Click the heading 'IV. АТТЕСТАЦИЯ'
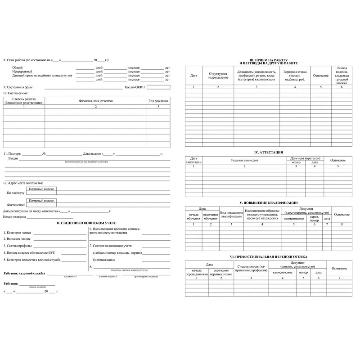pyautogui.click(x=268, y=153)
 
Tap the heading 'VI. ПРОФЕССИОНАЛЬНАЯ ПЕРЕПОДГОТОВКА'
pyautogui.click(x=268, y=256)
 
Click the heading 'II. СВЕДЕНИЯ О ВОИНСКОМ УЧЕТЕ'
pyautogui.click(x=86, y=223)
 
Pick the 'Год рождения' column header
pyautogui.click(x=158, y=101)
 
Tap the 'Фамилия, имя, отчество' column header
pyautogui.click(x=95, y=101)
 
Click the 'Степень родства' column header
pyautogui.click(x=24, y=101)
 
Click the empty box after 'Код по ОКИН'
pyautogui.click(x=158, y=87)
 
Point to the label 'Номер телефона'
pyautogui.click(x=15, y=217)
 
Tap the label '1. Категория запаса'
pyautogui.click(x=18, y=233)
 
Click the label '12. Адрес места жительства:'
pyautogui.click(x=23, y=183)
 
